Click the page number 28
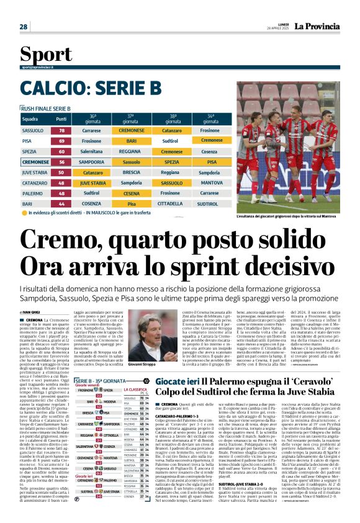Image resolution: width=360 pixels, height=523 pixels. (23, 27)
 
